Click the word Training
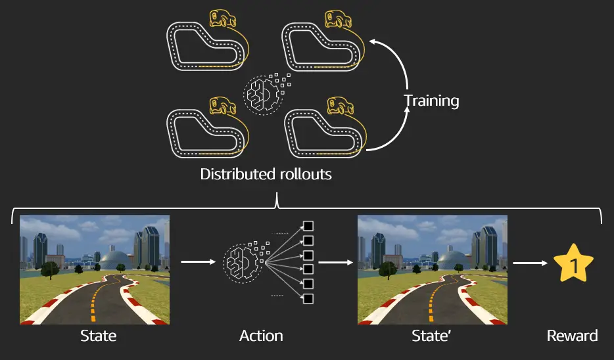(x=431, y=101)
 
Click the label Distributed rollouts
(x=266, y=174)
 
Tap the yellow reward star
(x=573, y=263)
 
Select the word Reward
(x=572, y=336)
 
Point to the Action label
(x=261, y=336)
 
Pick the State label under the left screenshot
(x=99, y=336)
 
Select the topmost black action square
(x=308, y=227)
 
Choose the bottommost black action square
(x=308, y=298)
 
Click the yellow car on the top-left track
(x=222, y=19)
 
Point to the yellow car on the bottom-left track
(x=222, y=106)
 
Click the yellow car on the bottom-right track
(x=340, y=106)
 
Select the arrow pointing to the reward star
(x=531, y=263)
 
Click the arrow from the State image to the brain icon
(x=198, y=261)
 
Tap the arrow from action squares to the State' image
(x=335, y=262)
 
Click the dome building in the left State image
(x=115, y=259)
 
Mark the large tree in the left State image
(x=50, y=270)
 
